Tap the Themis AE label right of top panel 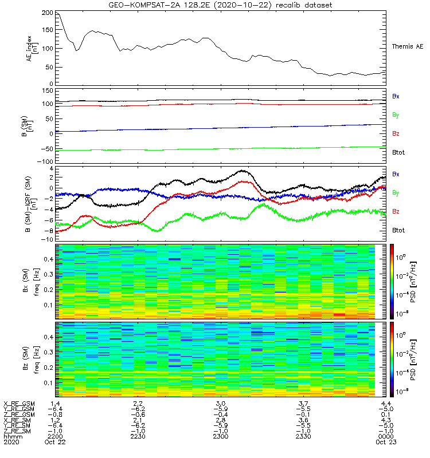point(407,46)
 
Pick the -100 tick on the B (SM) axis point(45,161)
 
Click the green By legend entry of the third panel point(396,193)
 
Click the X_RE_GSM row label point(18,404)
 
